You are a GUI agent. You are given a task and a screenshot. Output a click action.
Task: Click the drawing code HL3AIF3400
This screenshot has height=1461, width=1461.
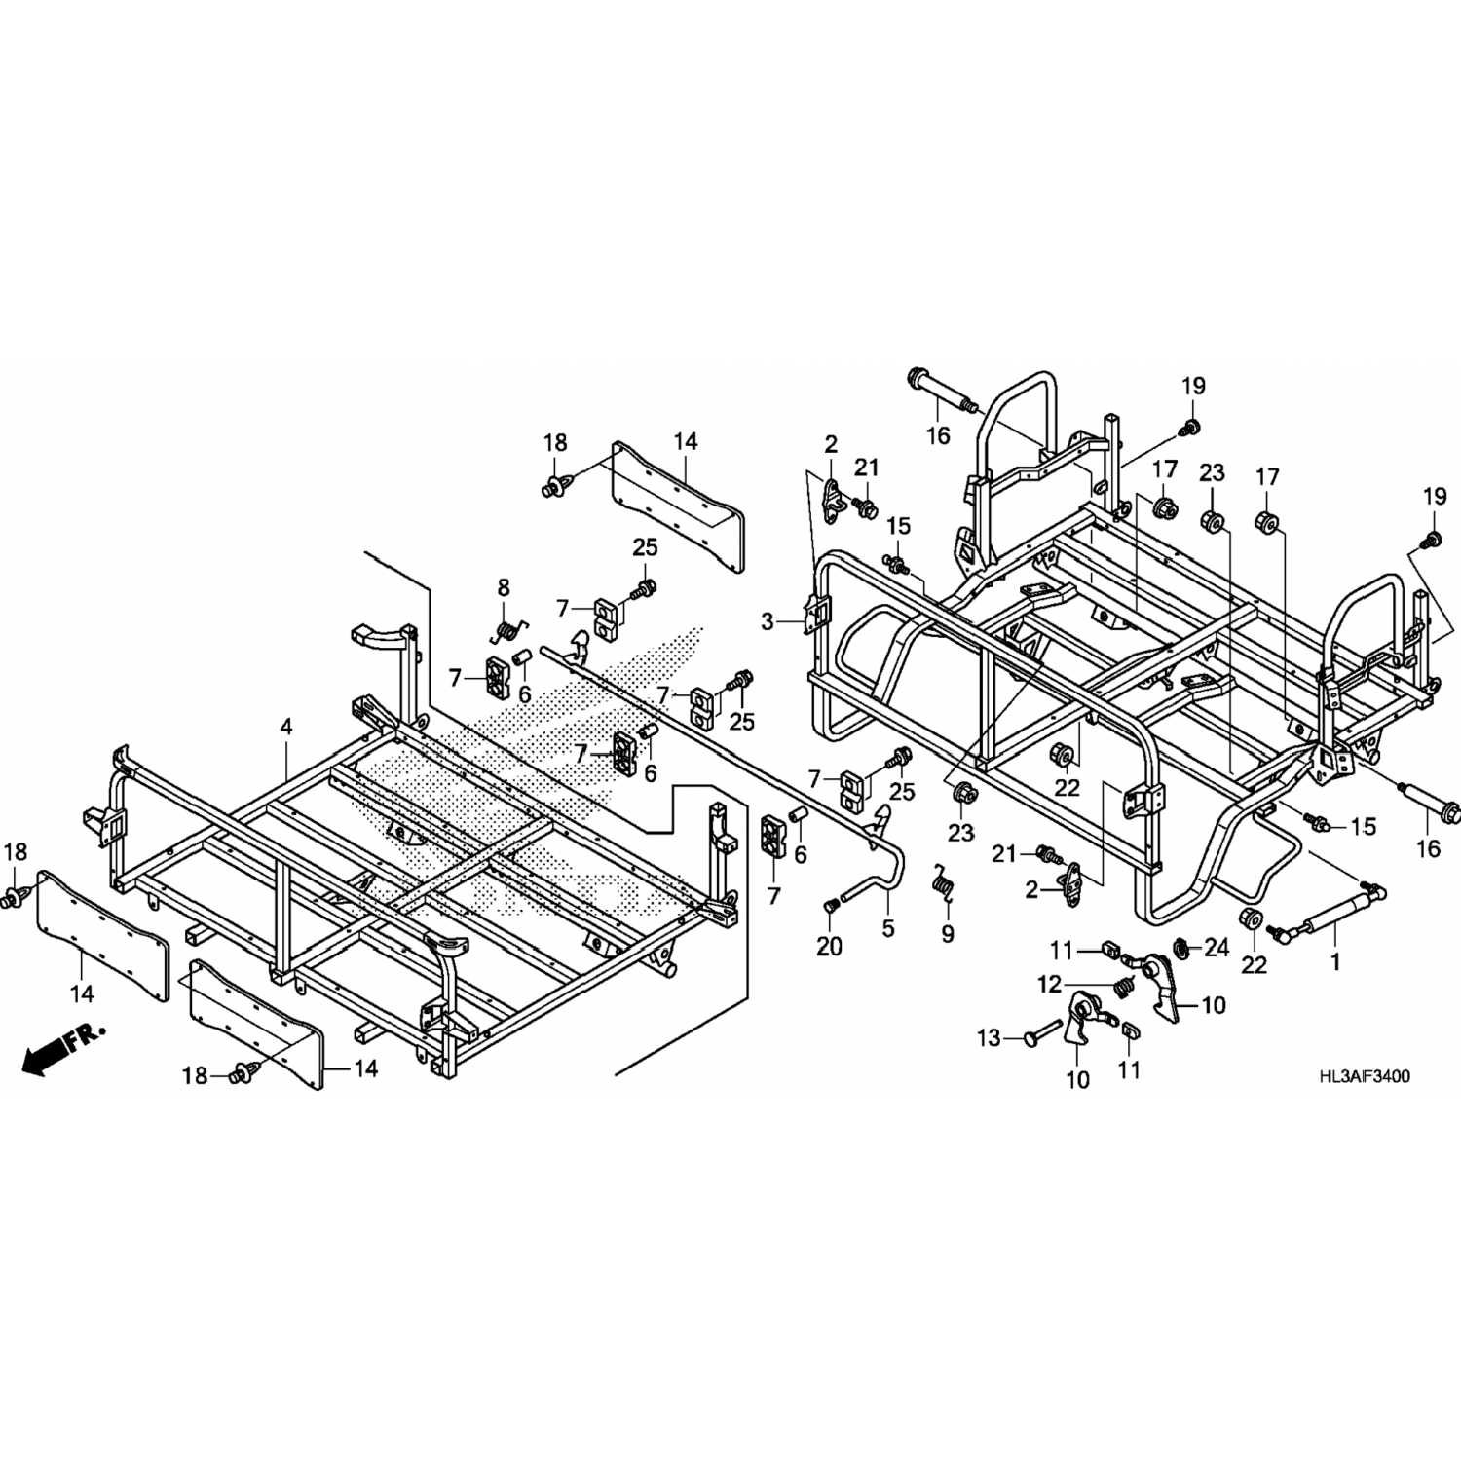coord(1365,1077)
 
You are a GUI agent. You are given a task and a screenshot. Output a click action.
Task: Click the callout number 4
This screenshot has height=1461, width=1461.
coord(285,726)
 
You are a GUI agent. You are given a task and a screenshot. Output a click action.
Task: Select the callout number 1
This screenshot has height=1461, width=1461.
coord(1335,961)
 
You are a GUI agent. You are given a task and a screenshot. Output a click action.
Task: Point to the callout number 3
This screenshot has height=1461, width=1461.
coord(768,619)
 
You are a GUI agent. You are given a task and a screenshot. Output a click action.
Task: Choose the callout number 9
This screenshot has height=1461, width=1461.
coord(948,934)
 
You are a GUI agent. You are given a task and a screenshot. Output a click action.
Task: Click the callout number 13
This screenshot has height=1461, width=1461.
coord(990,1038)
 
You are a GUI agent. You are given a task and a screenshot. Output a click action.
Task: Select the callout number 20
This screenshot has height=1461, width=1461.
coord(829,945)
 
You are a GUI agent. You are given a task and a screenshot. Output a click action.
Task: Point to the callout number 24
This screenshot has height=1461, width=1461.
coord(1217,947)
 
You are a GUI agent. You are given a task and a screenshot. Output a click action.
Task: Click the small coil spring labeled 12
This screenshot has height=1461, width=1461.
coord(1124,988)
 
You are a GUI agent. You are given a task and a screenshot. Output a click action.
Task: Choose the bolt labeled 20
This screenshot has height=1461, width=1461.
coord(830,906)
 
